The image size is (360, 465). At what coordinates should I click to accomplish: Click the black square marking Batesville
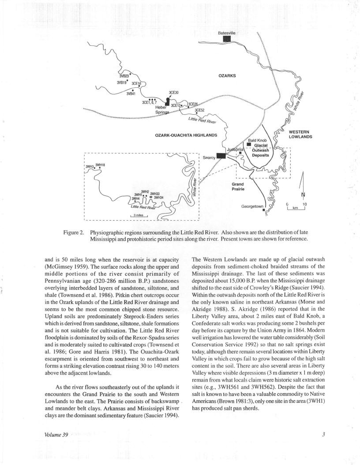pos(227,39)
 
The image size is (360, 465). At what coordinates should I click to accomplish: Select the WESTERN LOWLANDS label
pos(300,134)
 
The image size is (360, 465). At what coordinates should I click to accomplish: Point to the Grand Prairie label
pos(238,186)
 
